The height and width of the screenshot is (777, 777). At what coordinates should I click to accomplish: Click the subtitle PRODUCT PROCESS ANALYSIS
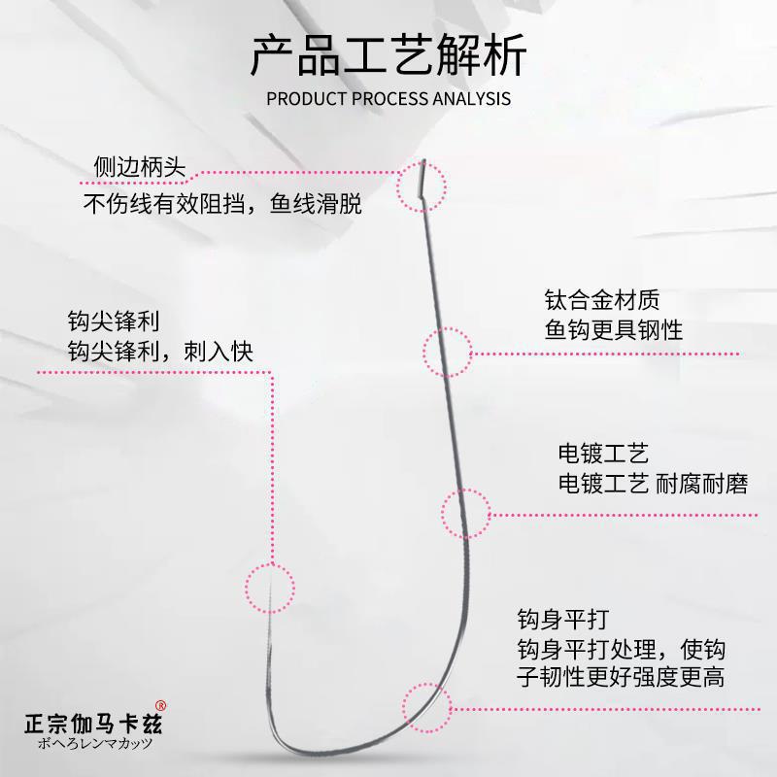(x=388, y=99)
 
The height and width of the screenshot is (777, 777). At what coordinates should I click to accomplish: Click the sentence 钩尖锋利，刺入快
(x=160, y=350)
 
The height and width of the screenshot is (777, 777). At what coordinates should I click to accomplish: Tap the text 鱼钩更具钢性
(x=613, y=329)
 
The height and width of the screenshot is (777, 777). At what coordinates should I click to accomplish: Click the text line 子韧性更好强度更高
(x=620, y=677)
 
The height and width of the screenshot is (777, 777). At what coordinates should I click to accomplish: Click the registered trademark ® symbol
(x=162, y=706)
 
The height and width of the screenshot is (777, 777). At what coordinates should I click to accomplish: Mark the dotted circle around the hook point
(x=268, y=588)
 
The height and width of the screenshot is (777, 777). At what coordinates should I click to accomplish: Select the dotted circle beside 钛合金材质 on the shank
(x=447, y=352)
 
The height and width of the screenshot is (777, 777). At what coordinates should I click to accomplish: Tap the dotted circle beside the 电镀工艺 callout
(x=467, y=514)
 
